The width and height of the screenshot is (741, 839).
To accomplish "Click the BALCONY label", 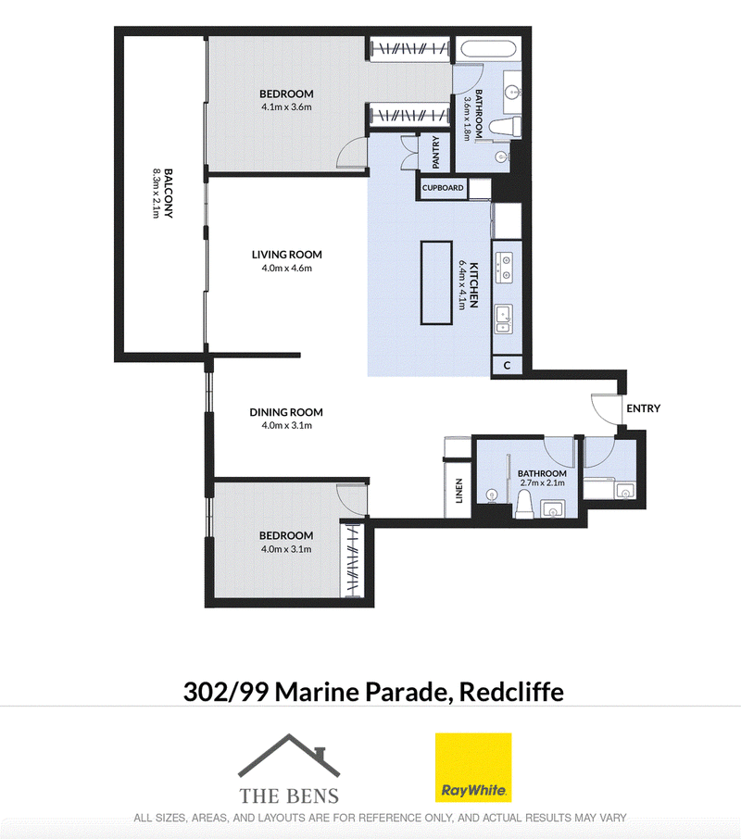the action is [169, 194].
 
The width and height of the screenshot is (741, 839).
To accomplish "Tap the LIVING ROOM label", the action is [287, 255].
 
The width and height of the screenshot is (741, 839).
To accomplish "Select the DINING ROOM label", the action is [286, 412].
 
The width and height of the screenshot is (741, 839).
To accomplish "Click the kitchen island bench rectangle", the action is [436, 282].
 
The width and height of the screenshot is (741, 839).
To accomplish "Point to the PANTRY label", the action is [435, 153].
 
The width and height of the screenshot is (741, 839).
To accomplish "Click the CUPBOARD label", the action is [443, 188].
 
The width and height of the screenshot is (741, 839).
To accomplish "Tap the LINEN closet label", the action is [458, 491].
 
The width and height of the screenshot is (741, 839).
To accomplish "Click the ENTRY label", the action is [643, 408].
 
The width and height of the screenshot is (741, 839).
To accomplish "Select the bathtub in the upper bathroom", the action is [488, 49].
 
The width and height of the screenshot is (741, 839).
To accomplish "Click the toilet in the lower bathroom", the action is [524, 505].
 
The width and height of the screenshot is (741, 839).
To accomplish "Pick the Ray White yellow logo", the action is [473, 768].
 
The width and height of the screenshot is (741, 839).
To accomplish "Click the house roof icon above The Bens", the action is [289, 755].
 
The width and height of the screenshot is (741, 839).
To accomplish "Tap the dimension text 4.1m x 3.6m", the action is [286, 107].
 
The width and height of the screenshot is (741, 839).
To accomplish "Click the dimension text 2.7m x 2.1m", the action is [542, 482].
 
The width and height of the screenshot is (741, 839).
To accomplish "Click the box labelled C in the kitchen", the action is [507, 366].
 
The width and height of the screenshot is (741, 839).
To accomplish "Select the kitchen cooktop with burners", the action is [504, 268].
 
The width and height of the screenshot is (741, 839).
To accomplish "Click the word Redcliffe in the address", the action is [511, 692].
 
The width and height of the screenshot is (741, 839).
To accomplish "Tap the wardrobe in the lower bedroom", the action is [352, 558].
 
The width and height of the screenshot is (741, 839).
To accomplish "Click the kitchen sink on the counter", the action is [504, 319].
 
